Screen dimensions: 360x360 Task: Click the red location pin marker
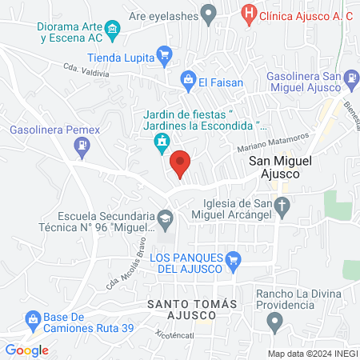tap(181, 163)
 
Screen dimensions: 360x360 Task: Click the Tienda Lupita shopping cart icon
tap(165, 54)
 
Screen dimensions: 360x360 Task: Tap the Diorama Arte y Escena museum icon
tap(113, 31)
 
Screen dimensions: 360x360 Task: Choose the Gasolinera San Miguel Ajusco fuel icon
tap(351, 77)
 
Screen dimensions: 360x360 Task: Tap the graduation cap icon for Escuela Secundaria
tap(165, 217)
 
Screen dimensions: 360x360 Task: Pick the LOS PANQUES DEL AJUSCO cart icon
tap(234, 258)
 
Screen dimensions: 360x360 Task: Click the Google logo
tap(26, 350)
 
